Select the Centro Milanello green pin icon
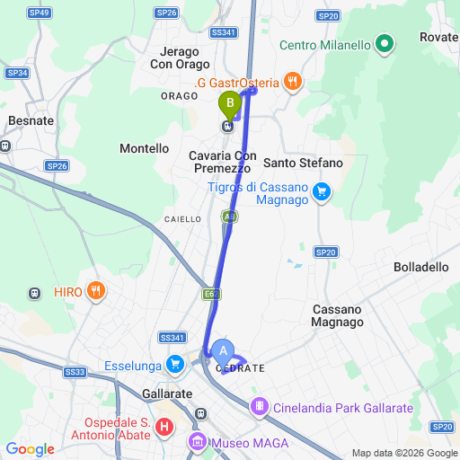point(385,43)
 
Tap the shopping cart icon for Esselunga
point(175,364)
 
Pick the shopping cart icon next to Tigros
point(322,191)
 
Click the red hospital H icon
point(164,428)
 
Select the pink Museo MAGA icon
point(197,442)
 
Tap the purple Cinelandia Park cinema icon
point(260,407)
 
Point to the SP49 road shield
point(40,13)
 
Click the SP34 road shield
point(17,73)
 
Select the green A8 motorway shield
point(230,216)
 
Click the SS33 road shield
point(75,371)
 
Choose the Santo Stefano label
point(304,163)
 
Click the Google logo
point(30,449)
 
